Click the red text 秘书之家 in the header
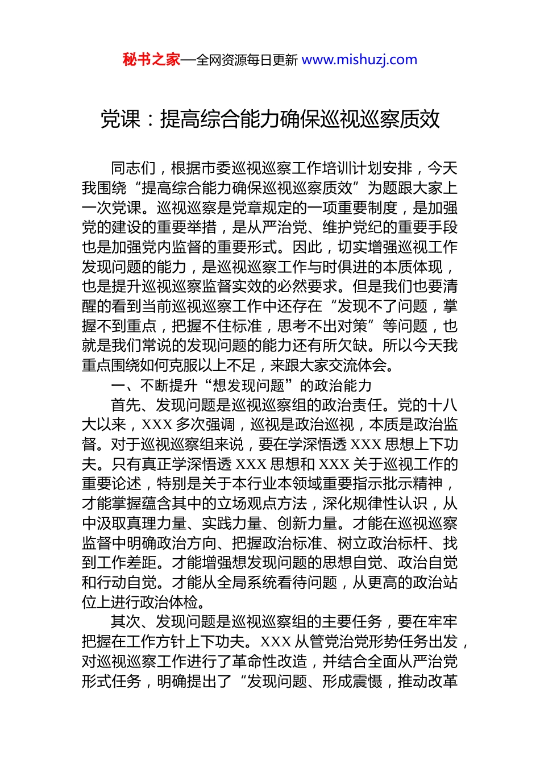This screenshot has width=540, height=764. [x=151, y=60]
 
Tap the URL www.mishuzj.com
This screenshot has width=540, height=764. [x=359, y=60]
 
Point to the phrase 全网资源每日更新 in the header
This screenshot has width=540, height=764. [x=247, y=60]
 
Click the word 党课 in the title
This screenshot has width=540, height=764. [x=121, y=119]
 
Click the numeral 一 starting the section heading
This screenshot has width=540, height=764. [x=118, y=385]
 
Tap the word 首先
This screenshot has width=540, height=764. [x=126, y=405]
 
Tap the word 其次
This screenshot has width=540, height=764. [x=126, y=622]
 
